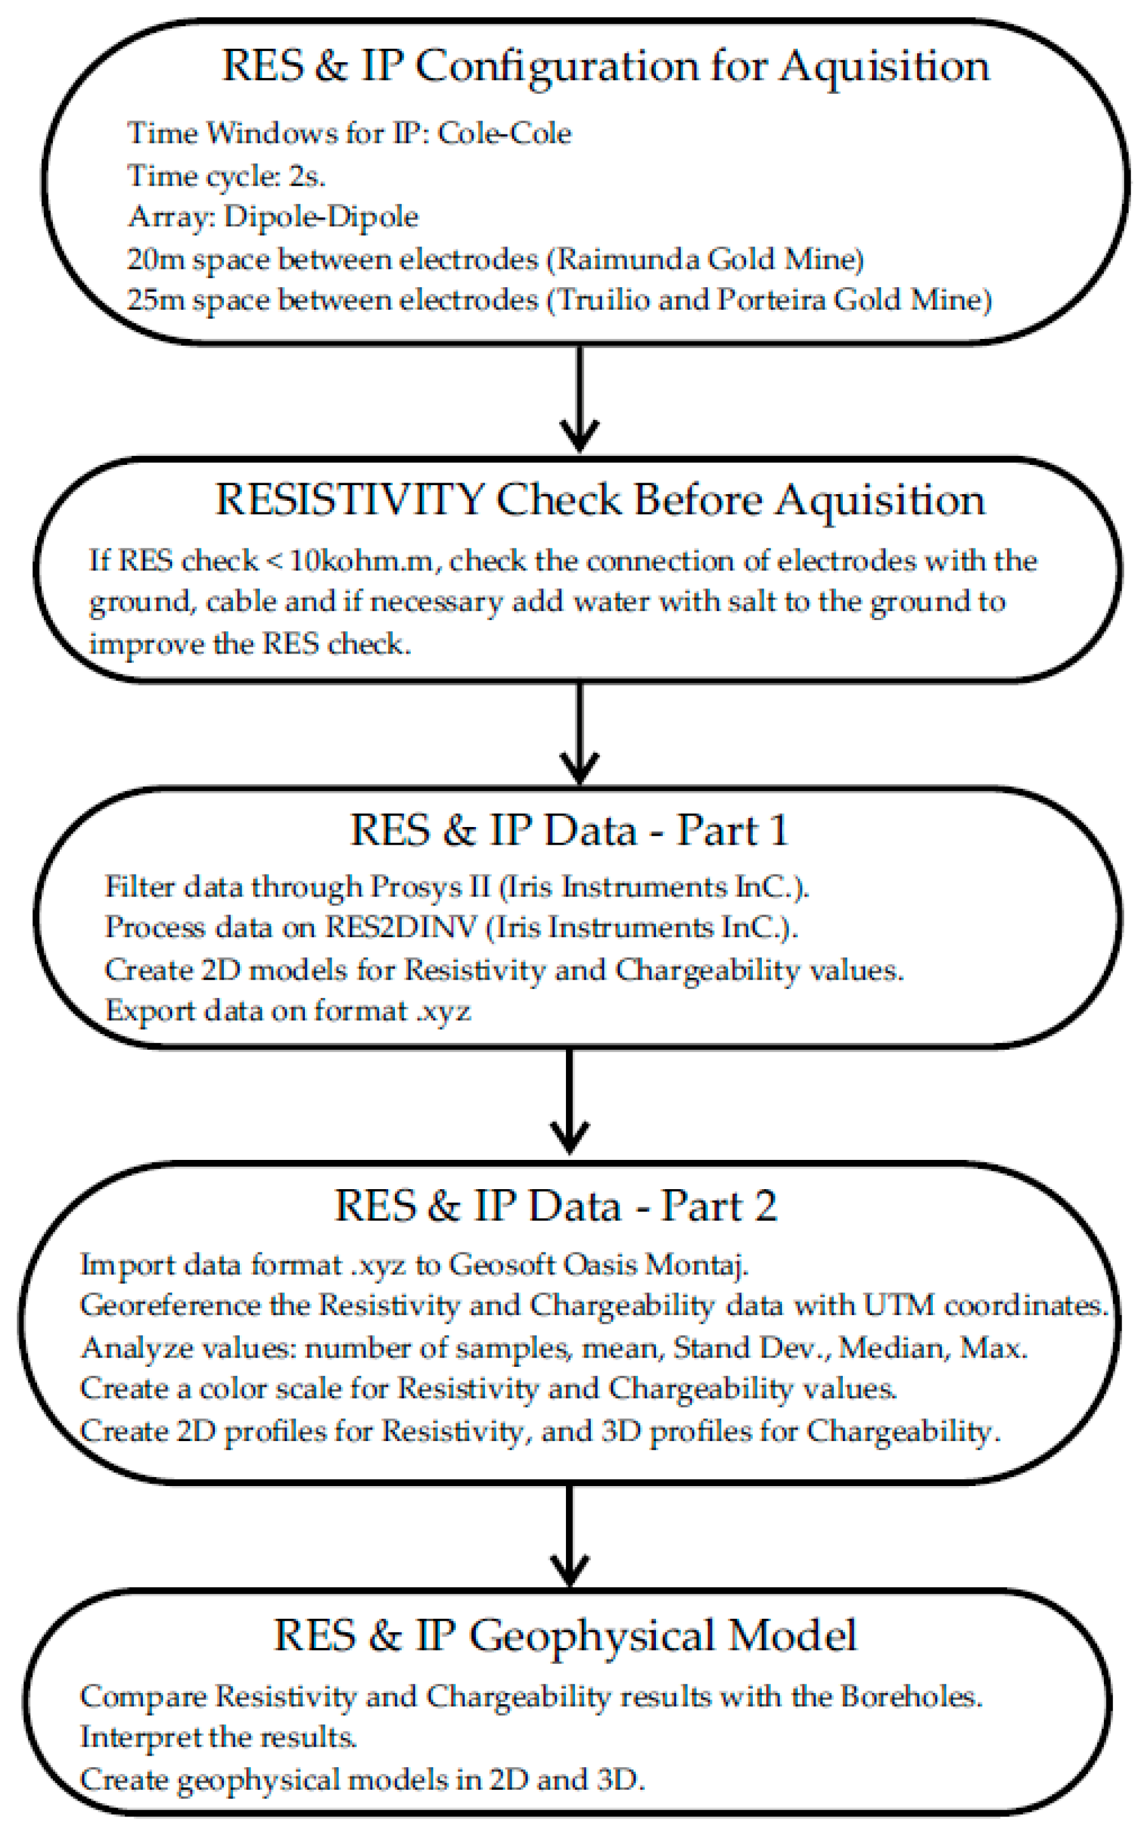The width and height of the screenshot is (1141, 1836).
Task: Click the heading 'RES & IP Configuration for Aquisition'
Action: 605,66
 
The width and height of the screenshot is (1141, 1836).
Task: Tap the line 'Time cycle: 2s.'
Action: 226,176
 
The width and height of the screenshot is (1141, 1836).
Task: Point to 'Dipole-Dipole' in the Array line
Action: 321,217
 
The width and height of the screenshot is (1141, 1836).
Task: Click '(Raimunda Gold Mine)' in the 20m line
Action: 705,260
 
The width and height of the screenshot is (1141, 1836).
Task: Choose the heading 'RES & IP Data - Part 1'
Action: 570,830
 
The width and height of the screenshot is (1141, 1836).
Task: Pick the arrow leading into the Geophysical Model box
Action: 570,1538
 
